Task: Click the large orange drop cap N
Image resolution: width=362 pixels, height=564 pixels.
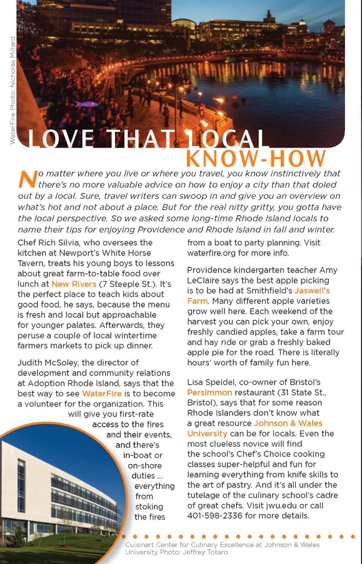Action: (28, 179)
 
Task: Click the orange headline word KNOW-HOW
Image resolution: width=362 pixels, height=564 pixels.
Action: (255, 159)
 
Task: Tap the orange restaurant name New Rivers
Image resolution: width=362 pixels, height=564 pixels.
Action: (74, 284)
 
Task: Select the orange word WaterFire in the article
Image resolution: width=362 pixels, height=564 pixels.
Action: (102, 394)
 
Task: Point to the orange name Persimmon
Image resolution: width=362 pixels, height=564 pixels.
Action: (209, 393)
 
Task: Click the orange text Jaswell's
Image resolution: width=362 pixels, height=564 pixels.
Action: (312, 291)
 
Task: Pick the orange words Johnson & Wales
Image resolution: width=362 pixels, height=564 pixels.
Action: (288, 423)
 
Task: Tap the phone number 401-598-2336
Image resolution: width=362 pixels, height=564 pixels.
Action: (215, 516)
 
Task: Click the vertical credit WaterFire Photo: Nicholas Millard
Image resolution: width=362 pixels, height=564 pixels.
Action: (13, 90)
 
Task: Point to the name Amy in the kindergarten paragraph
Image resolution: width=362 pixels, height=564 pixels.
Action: (328, 270)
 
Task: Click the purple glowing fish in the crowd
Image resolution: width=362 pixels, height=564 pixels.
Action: (86, 104)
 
